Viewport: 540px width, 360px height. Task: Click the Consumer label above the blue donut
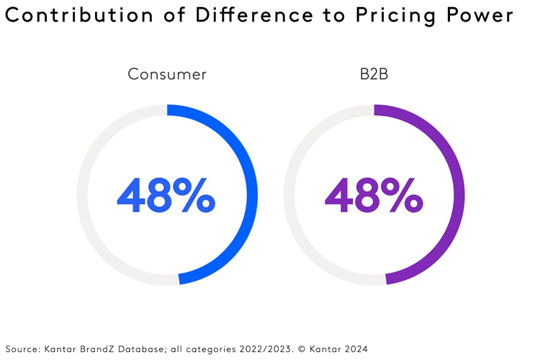click(x=166, y=74)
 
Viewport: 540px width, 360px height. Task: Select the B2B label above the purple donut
click(x=374, y=74)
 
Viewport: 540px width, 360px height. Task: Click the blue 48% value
click(x=166, y=195)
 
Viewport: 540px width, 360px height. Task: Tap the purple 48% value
click(x=373, y=195)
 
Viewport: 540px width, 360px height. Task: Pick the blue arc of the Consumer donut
click(x=251, y=195)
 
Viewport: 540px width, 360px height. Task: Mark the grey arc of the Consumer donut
click(x=82, y=195)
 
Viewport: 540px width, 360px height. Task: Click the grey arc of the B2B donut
click(x=289, y=195)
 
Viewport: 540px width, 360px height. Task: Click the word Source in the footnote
click(x=22, y=349)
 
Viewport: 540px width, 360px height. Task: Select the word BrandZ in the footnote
click(x=97, y=349)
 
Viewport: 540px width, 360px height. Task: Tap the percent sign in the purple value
click(x=405, y=195)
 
